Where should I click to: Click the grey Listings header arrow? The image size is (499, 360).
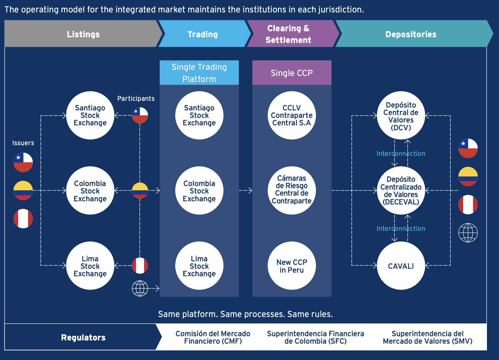[x=83, y=34]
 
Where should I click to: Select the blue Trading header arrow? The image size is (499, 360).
[x=203, y=34]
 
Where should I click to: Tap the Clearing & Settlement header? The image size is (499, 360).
[x=288, y=34]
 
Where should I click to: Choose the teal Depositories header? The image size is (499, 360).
[x=411, y=34]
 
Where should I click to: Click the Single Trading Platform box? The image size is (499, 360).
[x=199, y=73]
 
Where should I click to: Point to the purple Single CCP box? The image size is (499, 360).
[x=292, y=73]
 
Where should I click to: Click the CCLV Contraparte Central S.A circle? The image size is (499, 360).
[x=292, y=115]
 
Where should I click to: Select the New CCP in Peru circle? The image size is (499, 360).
[x=292, y=266]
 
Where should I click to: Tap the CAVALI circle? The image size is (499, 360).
[x=401, y=266]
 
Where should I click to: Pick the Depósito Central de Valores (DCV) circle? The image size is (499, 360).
[x=401, y=116]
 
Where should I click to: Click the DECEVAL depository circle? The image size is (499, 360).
[x=401, y=191]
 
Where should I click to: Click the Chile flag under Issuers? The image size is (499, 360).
[x=23, y=162]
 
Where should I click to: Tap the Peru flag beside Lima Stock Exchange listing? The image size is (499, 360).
[x=140, y=266]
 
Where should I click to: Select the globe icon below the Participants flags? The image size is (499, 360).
[x=140, y=288]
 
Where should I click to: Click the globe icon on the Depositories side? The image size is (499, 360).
[x=468, y=233]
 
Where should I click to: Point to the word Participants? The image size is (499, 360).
[x=136, y=99]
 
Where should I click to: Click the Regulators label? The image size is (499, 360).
[x=83, y=337]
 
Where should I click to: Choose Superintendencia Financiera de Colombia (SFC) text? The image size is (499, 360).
[x=316, y=337]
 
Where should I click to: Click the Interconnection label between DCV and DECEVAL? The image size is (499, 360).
[x=401, y=154]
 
